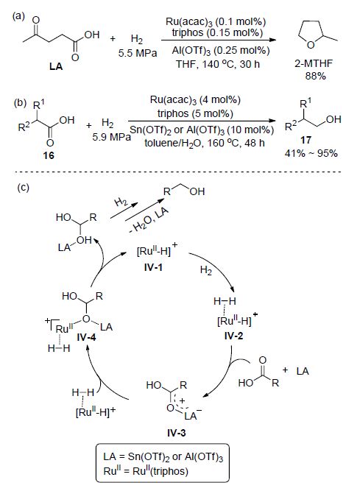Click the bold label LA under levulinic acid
(x=56, y=66)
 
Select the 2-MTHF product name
(x=314, y=63)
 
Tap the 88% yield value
(x=316, y=76)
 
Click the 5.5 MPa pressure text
(x=138, y=53)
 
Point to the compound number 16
(x=49, y=155)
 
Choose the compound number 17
(x=306, y=140)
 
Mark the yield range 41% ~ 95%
(x=311, y=153)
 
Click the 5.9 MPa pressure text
(x=111, y=137)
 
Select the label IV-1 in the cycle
(x=153, y=267)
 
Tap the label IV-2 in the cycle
(x=233, y=336)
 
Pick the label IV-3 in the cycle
(x=176, y=433)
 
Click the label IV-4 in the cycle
(x=86, y=337)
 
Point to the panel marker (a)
(x=18, y=16)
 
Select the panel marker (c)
(x=23, y=187)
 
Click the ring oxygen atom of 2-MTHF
(x=311, y=45)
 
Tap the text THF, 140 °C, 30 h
(x=218, y=64)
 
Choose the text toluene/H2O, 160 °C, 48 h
(x=205, y=143)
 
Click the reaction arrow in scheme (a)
(x=219, y=40)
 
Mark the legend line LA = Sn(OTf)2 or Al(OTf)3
(x=163, y=456)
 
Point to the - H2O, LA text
(x=149, y=220)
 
